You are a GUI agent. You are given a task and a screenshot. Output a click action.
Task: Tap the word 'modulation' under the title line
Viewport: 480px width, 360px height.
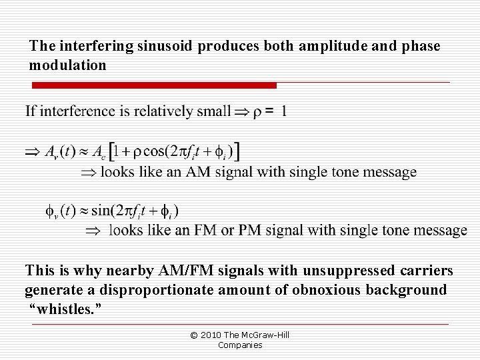tap(67, 65)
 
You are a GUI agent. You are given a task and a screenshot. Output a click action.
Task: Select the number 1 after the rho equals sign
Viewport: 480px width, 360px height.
tap(284, 111)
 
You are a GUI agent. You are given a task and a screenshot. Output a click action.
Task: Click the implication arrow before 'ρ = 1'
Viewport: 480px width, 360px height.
tap(240, 111)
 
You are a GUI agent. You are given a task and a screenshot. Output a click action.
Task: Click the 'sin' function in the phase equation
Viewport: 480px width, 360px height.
tap(101, 211)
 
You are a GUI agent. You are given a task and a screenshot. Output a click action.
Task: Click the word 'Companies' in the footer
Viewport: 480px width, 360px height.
tap(240, 345)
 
